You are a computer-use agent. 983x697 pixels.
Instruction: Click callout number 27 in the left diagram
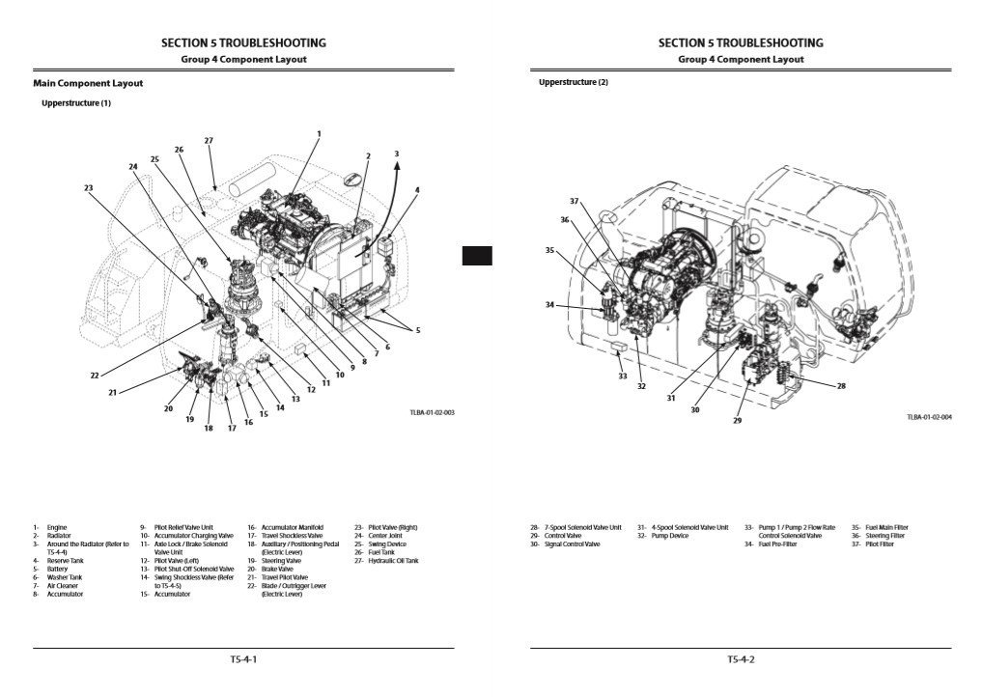click(209, 141)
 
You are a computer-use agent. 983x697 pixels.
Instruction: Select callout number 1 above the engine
click(319, 133)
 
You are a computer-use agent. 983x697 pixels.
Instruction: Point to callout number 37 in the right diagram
click(574, 201)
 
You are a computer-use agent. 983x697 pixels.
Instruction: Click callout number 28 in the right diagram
click(841, 386)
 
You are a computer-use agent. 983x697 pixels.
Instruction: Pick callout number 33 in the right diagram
click(623, 376)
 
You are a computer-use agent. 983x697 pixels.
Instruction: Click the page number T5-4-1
click(243, 660)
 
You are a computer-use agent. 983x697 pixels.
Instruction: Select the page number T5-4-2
click(741, 660)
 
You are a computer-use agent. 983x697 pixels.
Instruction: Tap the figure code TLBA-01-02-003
click(432, 413)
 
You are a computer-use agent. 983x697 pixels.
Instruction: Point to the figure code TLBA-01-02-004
click(929, 417)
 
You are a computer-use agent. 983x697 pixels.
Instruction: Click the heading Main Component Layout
click(88, 83)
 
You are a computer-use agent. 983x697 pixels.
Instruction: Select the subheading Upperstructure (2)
click(574, 82)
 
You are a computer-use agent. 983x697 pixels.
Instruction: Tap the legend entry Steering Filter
click(885, 536)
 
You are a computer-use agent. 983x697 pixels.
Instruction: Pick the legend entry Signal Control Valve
click(572, 544)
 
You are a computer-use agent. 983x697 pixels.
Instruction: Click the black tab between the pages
click(477, 256)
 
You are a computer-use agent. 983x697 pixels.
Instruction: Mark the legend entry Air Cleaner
click(63, 585)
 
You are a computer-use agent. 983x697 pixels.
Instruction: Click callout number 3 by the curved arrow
click(396, 153)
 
